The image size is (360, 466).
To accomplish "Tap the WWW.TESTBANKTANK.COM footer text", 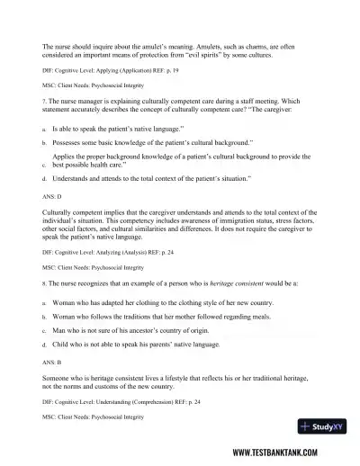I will [288, 453].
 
